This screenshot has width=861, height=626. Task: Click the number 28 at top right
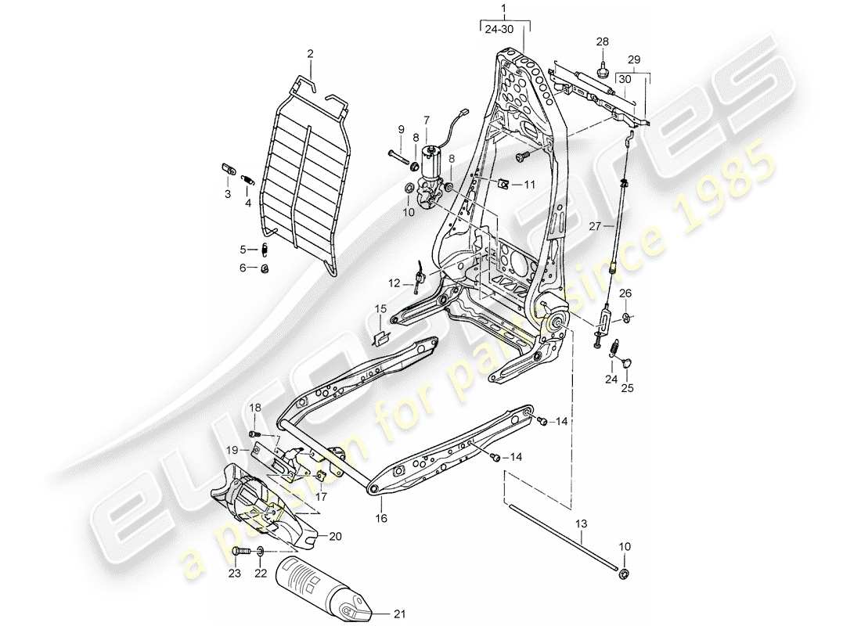602,41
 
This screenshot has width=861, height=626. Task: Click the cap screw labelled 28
603,70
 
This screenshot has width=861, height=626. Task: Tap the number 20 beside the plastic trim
336,536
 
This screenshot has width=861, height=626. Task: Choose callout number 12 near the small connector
394,282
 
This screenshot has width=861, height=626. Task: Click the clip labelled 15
380,337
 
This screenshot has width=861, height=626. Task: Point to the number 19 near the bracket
232,450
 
